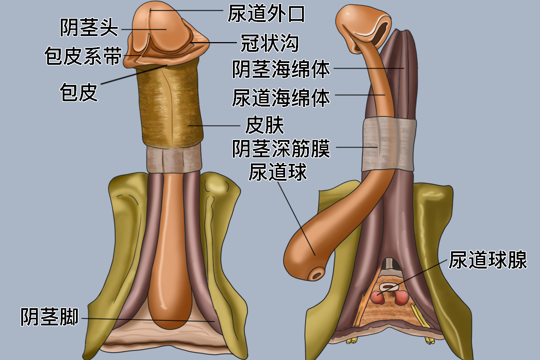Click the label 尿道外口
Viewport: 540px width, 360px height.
[266, 14]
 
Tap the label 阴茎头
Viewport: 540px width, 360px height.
[89, 27]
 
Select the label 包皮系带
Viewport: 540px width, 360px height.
[84, 56]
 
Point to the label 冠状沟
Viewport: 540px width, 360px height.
[270, 43]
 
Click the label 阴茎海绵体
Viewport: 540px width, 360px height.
[281, 69]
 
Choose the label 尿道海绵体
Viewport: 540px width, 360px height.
[281, 98]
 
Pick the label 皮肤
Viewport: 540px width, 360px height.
[265, 125]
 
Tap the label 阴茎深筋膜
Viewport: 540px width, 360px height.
[281, 148]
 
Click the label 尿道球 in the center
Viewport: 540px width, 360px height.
[278, 172]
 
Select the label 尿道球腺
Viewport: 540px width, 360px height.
[488, 260]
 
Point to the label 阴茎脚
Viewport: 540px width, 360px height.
[49, 317]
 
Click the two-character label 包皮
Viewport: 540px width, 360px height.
[79, 93]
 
